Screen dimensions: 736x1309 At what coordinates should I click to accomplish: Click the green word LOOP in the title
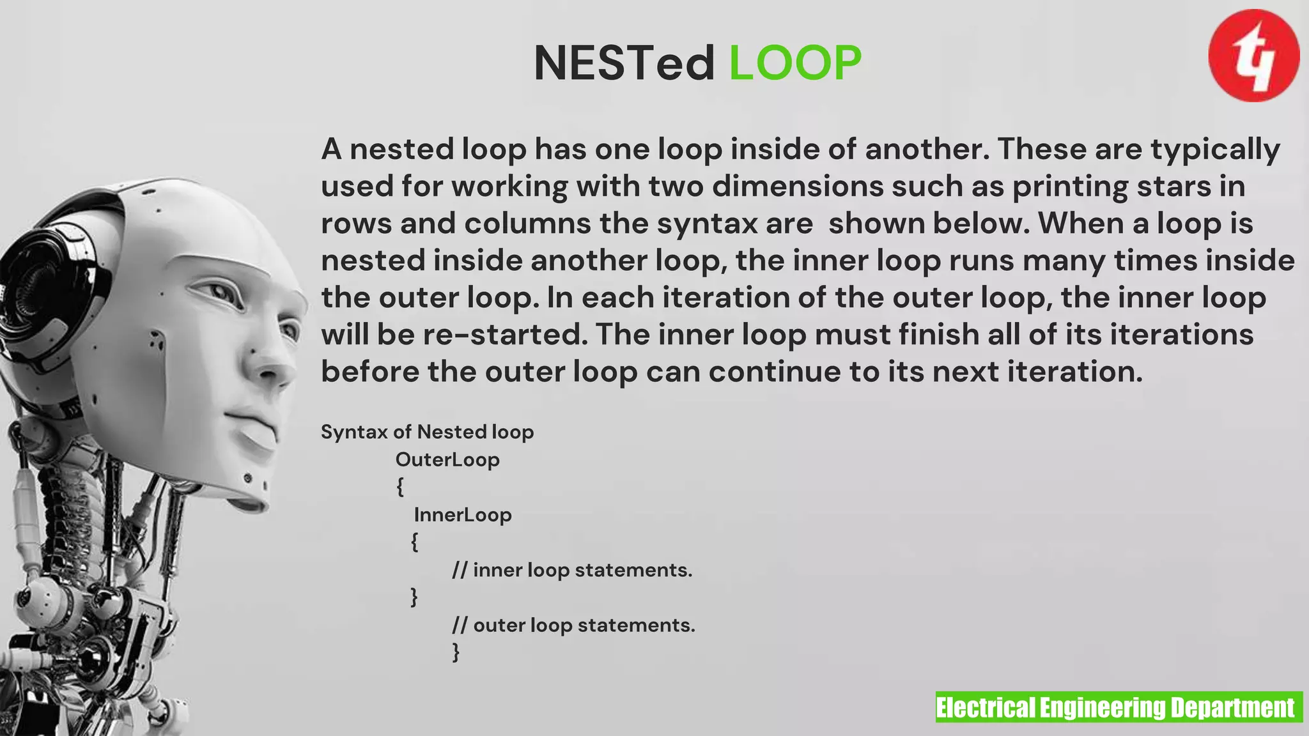click(795, 63)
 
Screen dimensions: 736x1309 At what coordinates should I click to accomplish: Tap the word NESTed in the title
click(624, 63)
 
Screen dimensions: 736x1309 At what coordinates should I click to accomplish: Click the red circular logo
click(1253, 56)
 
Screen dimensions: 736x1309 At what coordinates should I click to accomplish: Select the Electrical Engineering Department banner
click(1119, 707)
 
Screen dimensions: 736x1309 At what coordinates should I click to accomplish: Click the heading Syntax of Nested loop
click(427, 432)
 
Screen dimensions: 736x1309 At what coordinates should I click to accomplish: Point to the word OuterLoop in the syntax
click(447, 459)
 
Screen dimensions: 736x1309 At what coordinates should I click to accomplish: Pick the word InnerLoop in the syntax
click(463, 514)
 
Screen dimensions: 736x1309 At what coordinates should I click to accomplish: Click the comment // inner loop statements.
click(572, 570)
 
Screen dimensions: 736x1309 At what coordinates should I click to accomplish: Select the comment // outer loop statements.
click(573, 625)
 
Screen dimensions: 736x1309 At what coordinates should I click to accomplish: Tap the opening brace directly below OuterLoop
click(400, 487)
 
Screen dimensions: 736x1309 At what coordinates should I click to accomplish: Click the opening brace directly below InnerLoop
click(414, 542)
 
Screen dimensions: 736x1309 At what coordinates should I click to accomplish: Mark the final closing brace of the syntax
click(456, 652)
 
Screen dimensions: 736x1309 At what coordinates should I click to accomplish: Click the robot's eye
click(221, 293)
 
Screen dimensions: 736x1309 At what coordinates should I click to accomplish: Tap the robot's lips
click(256, 431)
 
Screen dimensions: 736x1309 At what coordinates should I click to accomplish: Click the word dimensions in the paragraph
click(798, 187)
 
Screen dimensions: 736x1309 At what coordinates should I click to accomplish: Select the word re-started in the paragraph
click(505, 335)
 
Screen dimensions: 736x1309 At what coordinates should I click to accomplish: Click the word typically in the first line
click(1215, 149)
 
